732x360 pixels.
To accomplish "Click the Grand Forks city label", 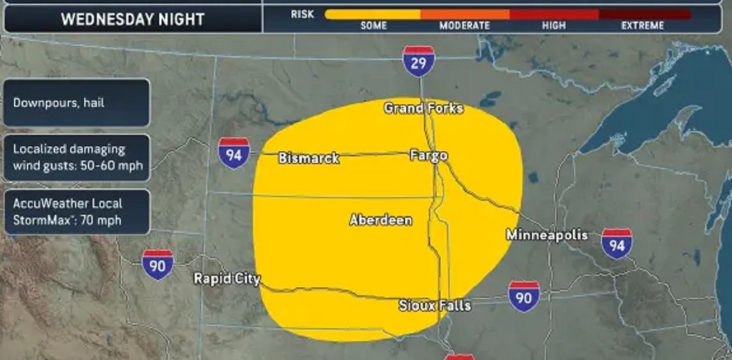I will pos(423,109).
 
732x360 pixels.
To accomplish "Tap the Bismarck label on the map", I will pos(309,158).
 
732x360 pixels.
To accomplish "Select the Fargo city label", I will pos(428,156).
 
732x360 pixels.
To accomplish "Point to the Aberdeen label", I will pos(381,220).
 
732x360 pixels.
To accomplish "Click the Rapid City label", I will pos(227,279).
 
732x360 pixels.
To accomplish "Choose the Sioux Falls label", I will pos(434,305).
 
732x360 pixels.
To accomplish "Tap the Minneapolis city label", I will pos(547,235).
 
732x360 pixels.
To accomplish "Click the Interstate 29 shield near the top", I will pos(418,62).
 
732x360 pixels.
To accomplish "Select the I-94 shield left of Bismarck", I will pos(234,154).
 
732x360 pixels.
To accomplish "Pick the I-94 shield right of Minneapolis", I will pos(617,244).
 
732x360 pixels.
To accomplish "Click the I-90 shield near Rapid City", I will pos(158,265).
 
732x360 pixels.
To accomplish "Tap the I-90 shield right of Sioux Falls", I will pos(524,297).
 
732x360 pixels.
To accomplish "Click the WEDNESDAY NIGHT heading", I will pos(132,20).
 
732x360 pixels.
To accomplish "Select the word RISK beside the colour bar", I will pos(303,13).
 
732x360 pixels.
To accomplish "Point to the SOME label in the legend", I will pos(374,26).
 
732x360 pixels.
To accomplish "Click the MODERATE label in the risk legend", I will pos(464,26).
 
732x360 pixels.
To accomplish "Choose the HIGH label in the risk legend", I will pos(553,26).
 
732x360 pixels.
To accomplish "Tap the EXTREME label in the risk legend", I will pos(642,26).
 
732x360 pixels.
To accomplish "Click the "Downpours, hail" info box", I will pos(76,103).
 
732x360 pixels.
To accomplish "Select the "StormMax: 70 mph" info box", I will pos(76,212).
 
